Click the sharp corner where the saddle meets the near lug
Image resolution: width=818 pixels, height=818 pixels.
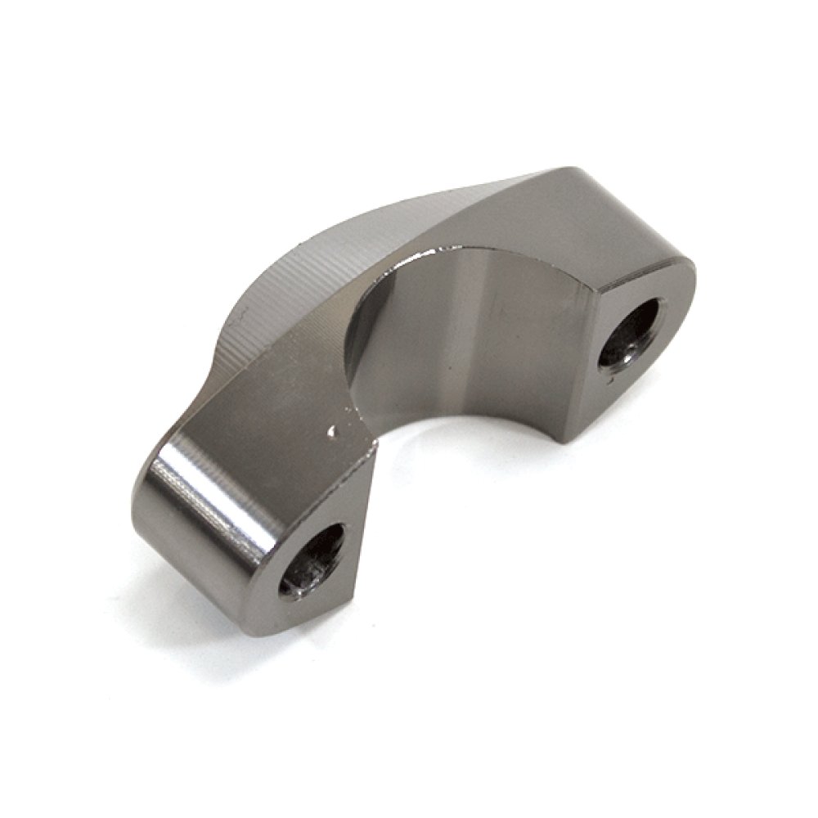click(378, 446)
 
